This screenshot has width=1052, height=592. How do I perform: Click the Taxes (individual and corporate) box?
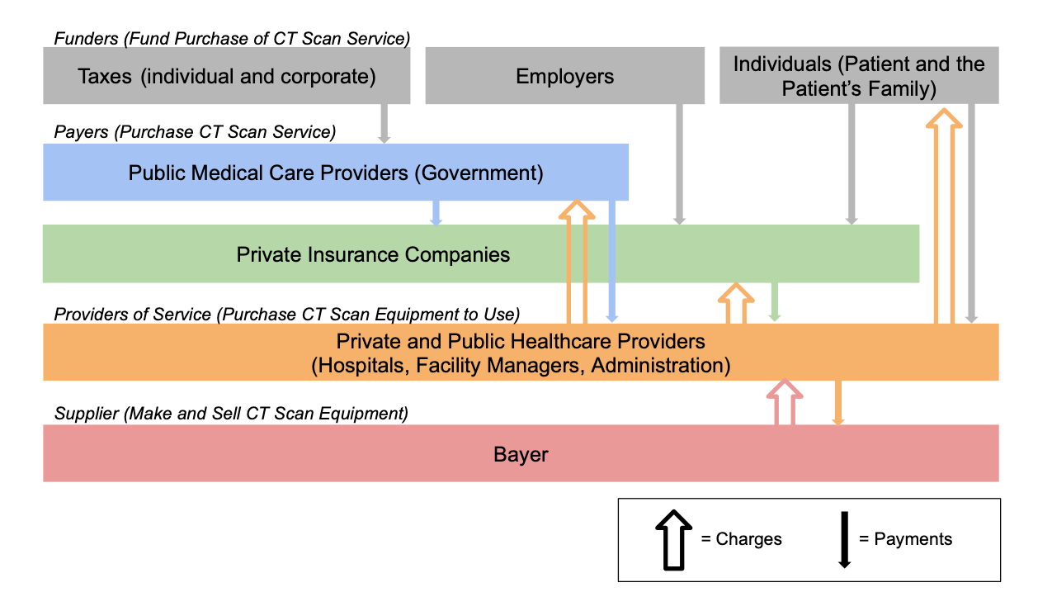pyautogui.click(x=226, y=75)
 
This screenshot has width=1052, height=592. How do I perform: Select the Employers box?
pyautogui.click(x=564, y=75)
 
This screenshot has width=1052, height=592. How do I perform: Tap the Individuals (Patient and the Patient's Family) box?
pyautogui.click(x=859, y=75)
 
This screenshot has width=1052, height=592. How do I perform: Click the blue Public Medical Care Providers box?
pyautogui.click(x=336, y=172)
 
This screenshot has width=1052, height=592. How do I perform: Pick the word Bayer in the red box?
pyautogui.click(x=521, y=454)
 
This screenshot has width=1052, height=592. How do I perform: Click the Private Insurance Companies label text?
pyautogui.click(x=373, y=254)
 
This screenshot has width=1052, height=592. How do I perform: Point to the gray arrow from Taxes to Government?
pyautogui.click(x=384, y=124)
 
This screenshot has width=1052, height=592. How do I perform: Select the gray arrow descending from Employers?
pyautogui.click(x=679, y=164)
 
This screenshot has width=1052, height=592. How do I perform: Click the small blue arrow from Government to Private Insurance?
pyautogui.click(x=436, y=213)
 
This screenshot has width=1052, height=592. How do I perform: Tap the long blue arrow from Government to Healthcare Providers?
pyautogui.click(x=611, y=261)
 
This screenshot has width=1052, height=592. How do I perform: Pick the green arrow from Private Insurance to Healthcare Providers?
pyautogui.click(x=775, y=302)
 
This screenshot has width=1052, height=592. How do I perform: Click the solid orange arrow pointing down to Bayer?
pyautogui.click(x=837, y=403)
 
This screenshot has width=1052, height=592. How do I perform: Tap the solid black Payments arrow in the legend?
pyautogui.click(x=844, y=539)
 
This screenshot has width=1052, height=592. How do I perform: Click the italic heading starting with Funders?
pyautogui.click(x=232, y=39)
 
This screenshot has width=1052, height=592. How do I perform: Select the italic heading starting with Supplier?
pyautogui.click(x=231, y=414)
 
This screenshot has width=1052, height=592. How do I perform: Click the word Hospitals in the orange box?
pyautogui.click(x=362, y=366)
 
